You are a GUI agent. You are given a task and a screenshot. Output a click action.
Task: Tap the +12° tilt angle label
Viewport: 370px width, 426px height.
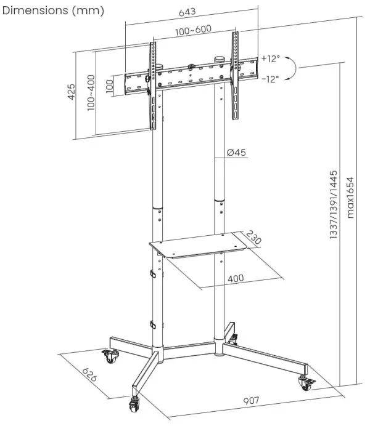pos(270,58)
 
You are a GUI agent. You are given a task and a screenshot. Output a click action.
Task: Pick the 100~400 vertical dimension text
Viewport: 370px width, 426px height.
pos(91,93)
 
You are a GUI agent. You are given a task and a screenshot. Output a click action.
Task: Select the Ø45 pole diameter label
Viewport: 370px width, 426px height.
pos(237,153)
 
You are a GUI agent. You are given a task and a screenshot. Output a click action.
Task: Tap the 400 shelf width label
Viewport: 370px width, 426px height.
pos(235,278)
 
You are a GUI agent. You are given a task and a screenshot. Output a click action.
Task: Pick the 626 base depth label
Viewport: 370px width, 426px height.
pos(89,374)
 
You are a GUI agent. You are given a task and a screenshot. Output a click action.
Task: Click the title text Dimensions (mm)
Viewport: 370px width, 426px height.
pos(52,10)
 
